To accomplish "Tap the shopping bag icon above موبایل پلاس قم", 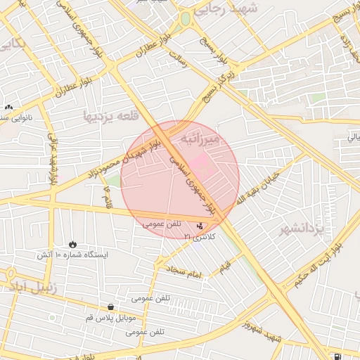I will tap(111, 307).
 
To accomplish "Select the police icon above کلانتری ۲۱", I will tap(201, 226).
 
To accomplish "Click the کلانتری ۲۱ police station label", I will tap(199, 237).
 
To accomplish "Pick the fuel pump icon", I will tap(339, 356).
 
